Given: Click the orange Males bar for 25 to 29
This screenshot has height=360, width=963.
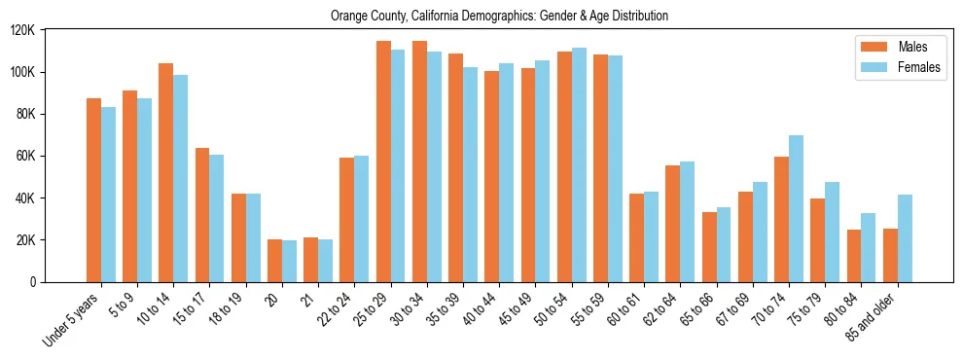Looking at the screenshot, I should point(383,162).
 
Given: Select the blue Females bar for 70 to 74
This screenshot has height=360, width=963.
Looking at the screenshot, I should point(796,208).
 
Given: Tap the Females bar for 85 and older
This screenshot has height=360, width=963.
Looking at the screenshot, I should point(905,238).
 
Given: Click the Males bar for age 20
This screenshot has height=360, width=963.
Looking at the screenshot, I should point(274,261).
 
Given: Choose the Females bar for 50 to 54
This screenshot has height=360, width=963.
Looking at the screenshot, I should point(579,164).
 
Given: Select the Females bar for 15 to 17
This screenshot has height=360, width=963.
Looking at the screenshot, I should point(216,218).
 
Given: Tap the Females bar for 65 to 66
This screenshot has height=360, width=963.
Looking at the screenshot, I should point(724,244).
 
